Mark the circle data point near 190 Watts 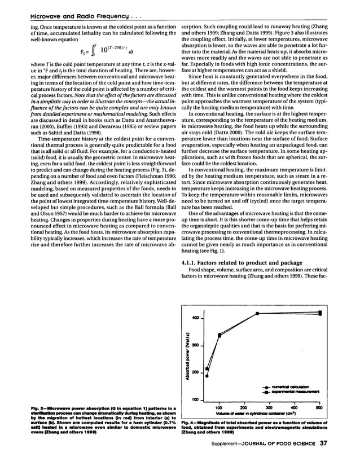pos(207,375)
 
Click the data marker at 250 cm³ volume pos(257,313)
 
